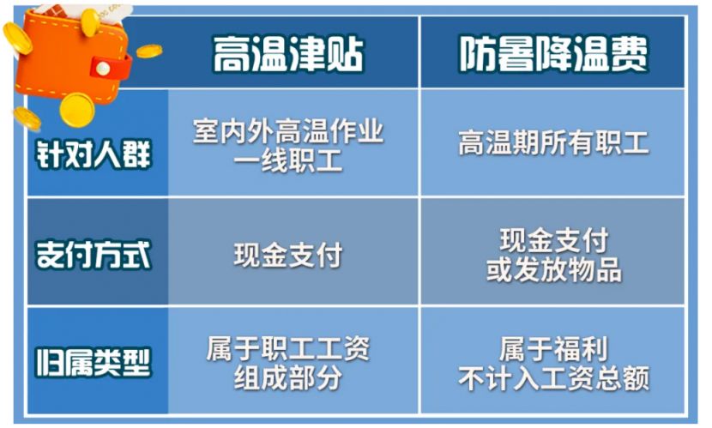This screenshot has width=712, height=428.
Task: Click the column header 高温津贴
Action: click(288, 54)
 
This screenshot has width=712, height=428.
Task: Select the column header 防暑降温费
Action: click(553, 54)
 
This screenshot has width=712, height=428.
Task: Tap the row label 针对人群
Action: click(94, 154)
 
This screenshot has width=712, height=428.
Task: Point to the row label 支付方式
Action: click(94, 254)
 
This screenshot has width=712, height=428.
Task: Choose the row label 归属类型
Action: click(94, 362)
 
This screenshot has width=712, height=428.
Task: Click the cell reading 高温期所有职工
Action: click(553, 143)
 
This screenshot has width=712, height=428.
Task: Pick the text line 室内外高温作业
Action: click(288, 131)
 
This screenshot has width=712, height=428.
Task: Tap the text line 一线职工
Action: click(288, 160)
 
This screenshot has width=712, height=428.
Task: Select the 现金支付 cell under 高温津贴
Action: click(288, 255)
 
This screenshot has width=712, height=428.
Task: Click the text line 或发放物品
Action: click(553, 269)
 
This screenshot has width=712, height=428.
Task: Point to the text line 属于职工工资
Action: click(288, 348)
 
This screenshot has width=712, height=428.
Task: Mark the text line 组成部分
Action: click(288, 377)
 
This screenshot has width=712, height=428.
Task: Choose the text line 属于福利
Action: click(553, 348)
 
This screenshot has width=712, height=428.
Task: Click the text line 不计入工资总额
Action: click(553, 377)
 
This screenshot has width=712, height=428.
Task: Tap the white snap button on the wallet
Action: click(103, 69)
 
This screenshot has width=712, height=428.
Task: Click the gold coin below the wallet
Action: click(77, 110)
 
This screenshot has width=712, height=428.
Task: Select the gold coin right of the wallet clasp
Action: click(149, 51)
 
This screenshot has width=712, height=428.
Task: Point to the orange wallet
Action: click(73, 57)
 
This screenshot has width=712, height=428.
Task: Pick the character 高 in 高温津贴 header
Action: click(232, 54)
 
